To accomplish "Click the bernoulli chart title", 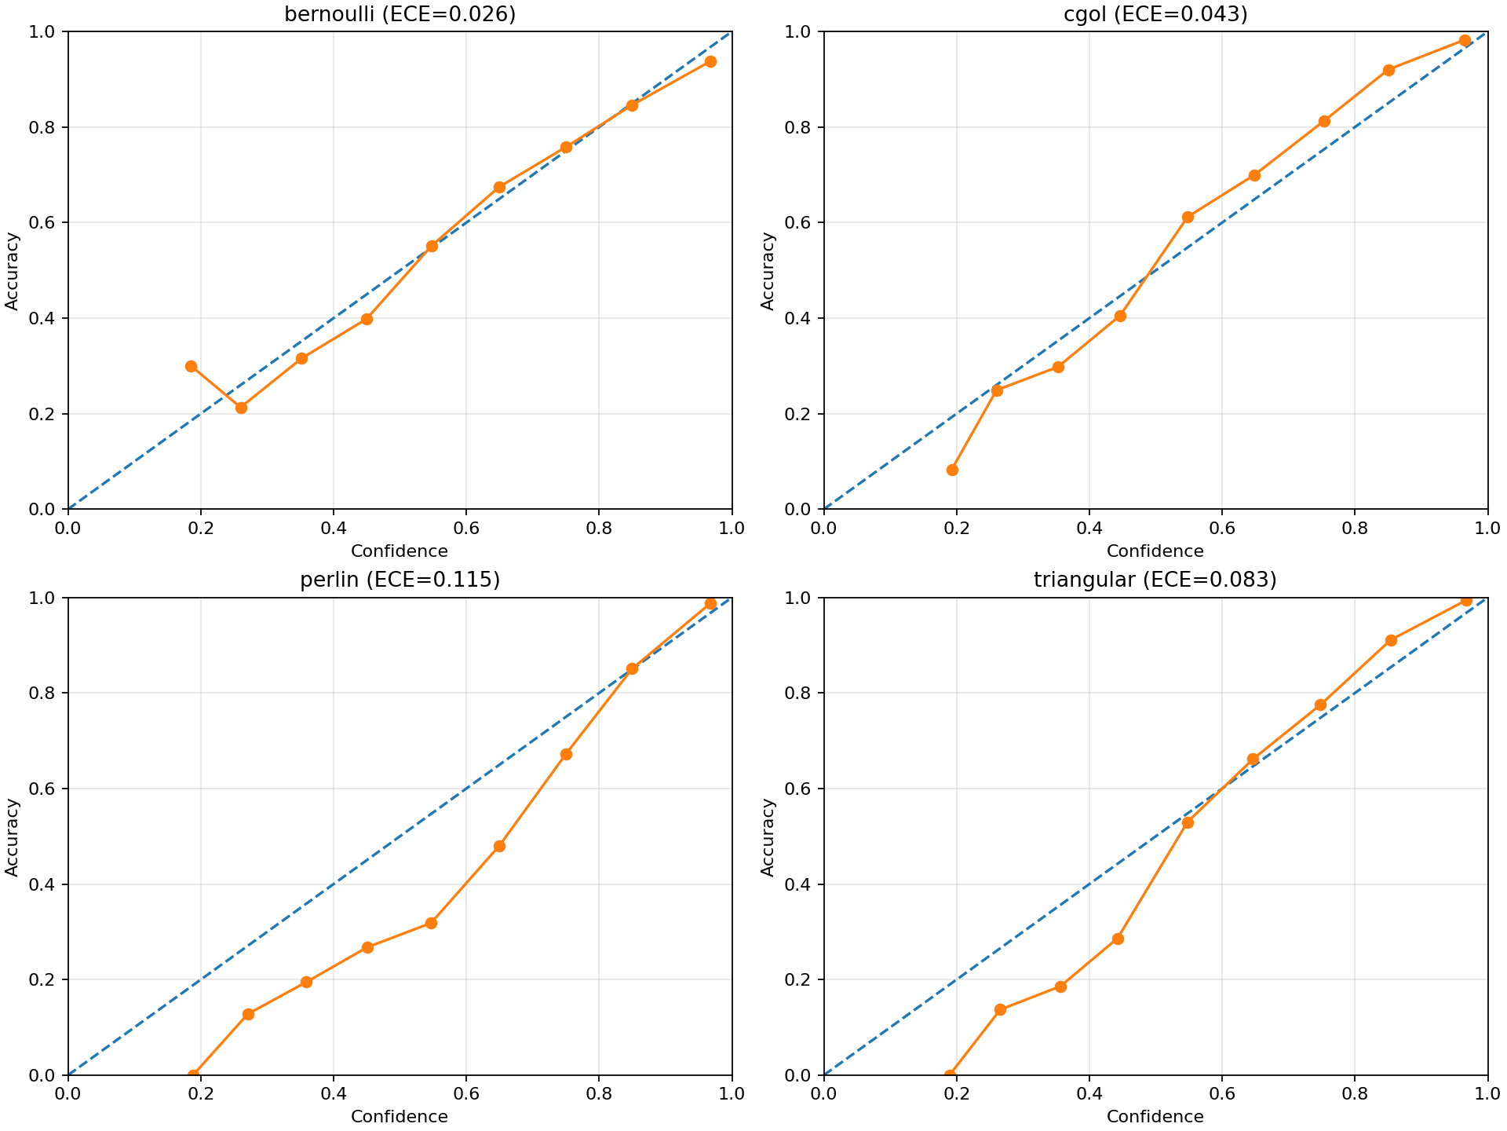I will [x=400, y=14].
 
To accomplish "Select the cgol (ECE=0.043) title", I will [x=1155, y=14].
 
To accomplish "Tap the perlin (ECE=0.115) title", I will [x=400, y=580].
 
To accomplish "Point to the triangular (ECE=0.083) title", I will [x=1155, y=580].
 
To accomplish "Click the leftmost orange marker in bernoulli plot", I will [x=191, y=366].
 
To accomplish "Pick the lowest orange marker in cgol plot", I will [x=952, y=470].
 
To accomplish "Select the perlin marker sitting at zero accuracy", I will [x=193, y=1074].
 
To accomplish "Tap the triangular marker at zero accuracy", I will [x=950, y=1074].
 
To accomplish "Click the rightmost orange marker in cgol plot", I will [x=1465, y=41].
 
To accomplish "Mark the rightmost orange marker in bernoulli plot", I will [x=710, y=61].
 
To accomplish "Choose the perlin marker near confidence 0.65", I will [x=499, y=846].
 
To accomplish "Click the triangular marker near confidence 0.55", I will [x=1188, y=822].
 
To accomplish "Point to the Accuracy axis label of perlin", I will [x=12, y=836].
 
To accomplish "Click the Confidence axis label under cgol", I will [x=1155, y=551].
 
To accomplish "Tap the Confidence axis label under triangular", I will [x=1155, y=1117].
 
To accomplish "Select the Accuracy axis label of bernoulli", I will [x=12, y=270].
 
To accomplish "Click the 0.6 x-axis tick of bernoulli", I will [x=466, y=525].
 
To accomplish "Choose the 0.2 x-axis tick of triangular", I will [x=956, y=1092].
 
